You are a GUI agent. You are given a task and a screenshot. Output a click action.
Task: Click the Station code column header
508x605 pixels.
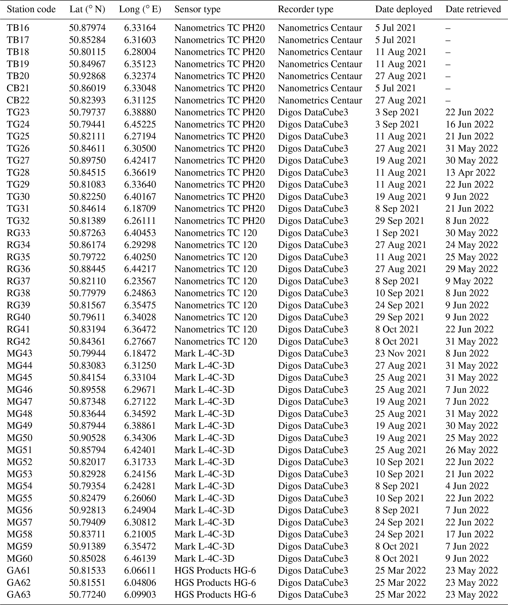31,9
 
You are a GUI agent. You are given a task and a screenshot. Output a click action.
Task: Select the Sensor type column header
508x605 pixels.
197,9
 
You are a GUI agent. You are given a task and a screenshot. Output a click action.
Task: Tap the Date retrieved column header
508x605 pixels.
473,9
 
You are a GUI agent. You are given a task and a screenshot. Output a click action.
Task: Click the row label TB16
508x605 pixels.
18,28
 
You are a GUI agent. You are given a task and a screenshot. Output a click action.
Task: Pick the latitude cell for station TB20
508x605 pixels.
87,76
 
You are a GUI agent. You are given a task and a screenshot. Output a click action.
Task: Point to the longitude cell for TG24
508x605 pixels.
140,124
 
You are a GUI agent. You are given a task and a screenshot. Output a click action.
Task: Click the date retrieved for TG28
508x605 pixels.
470,173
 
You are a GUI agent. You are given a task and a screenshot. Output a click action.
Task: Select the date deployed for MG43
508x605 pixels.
400,354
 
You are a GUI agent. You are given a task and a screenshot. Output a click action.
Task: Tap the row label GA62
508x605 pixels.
18,583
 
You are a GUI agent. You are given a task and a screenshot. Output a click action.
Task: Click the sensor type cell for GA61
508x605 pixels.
215,570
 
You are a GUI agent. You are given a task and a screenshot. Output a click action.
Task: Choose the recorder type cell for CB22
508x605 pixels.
320,100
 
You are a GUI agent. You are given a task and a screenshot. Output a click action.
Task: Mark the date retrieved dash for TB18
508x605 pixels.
448,52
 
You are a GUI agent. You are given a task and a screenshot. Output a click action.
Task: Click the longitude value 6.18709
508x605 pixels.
140,208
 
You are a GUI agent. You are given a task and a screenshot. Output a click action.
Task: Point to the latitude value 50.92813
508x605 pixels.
87,510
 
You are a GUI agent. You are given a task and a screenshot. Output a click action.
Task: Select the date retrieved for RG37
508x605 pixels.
469,281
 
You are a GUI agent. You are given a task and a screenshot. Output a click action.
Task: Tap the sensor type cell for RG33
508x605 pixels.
215,233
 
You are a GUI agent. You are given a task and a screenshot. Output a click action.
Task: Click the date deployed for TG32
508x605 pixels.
399,221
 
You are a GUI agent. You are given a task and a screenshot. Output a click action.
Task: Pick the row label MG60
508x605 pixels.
19,558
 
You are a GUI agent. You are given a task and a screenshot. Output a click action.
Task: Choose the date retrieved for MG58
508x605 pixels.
469,534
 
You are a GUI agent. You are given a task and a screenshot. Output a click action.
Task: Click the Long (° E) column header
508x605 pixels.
140,9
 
